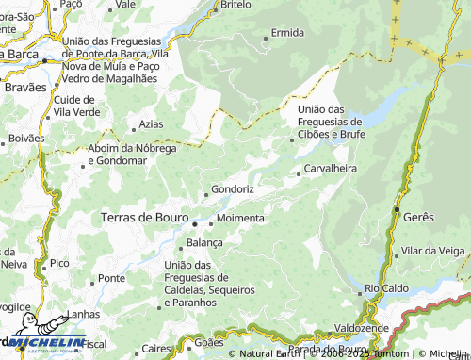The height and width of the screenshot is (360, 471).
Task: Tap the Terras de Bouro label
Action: point(144,218)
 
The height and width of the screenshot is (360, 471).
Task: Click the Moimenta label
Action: point(240,218)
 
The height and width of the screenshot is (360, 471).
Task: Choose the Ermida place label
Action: point(287,33)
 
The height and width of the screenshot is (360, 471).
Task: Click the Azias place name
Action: point(151,124)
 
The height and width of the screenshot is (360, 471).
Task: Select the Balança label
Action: point(204,242)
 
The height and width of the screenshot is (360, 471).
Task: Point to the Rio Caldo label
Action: point(385,287)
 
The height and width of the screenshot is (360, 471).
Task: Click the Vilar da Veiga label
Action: point(432,251)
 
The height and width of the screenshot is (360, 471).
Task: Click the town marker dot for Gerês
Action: point(398,208)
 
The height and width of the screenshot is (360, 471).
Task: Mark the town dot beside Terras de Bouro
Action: point(196,224)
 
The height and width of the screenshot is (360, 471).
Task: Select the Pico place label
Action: point(59,262)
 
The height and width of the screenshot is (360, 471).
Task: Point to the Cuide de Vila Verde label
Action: point(74,106)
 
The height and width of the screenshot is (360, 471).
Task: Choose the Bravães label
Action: point(24,87)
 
